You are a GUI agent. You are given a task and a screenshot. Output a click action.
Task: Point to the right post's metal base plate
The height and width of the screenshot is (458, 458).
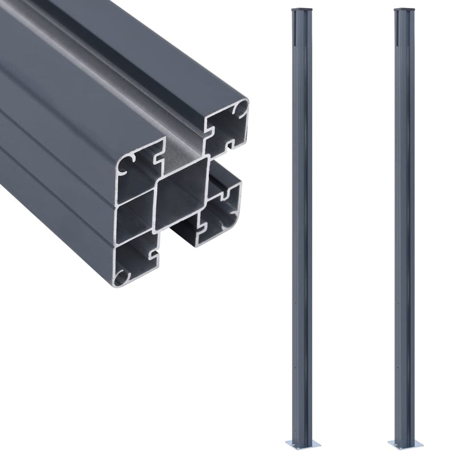[x=405, y=444]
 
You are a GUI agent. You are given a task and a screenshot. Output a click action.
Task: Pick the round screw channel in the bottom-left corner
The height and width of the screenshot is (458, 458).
[x=121, y=278]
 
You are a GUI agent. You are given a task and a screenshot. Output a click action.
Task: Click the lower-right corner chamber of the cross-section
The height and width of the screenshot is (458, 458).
[x=223, y=209]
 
